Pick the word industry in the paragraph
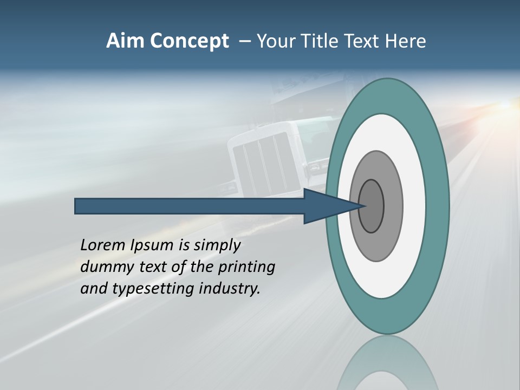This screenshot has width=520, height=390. coord(230,289)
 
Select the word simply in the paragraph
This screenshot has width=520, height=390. coord(217,245)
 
